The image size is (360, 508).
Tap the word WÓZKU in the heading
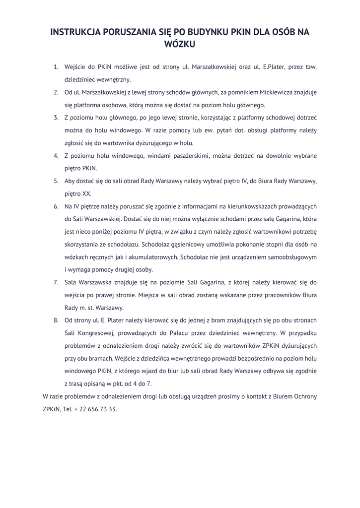point(180,44)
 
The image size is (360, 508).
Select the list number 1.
point(56,66)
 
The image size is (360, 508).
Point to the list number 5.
point(56,181)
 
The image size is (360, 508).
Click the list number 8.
point(56,320)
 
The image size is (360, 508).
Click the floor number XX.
point(86,194)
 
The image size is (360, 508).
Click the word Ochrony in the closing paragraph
point(303,397)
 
